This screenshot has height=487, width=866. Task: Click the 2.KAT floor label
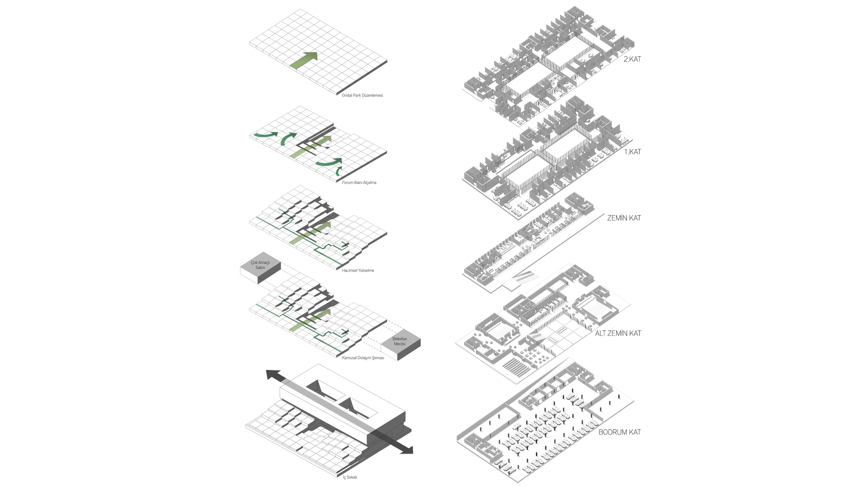(632, 59)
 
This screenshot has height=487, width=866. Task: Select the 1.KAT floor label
(632, 152)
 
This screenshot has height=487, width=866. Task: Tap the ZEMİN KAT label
(624, 218)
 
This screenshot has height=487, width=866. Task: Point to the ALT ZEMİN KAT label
(618, 333)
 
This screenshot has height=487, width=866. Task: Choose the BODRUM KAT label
(619, 432)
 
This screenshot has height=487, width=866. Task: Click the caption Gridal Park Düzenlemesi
(362, 96)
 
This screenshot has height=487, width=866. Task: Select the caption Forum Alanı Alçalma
(359, 183)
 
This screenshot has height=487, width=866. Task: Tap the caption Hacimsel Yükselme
(358, 271)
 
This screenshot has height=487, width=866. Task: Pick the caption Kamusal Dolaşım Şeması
(363, 358)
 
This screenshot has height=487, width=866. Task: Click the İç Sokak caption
(350, 477)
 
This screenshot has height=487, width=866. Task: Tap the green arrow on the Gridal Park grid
(305, 60)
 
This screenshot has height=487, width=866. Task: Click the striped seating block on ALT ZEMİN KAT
(516, 368)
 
